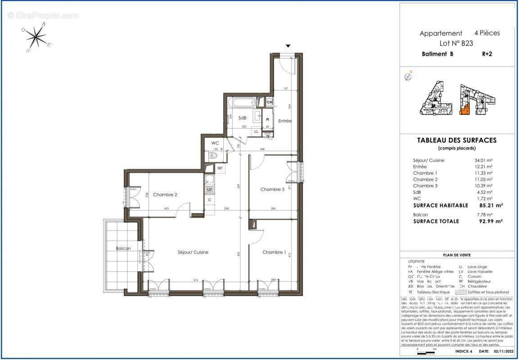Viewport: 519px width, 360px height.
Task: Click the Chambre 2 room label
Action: [x=165, y=195]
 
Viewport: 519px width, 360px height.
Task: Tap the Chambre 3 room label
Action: [x=272, y=189]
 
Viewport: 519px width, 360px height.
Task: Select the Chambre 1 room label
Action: [x=274, y=252]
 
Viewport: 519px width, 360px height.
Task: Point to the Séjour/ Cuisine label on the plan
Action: [x=193, y=252]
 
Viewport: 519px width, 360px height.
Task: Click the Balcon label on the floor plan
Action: [x=123, y=248]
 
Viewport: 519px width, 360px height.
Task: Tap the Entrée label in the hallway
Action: [x=284, y=121]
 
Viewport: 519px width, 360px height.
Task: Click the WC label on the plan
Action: [x=215, y=143]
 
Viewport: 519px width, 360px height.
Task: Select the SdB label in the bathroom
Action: [x=242, y=118]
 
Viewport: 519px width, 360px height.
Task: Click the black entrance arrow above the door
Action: [x=288, y=46]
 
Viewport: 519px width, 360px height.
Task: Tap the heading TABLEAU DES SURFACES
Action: [x=457, y=140]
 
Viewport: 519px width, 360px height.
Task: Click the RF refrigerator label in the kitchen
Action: [x=220, y=169]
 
